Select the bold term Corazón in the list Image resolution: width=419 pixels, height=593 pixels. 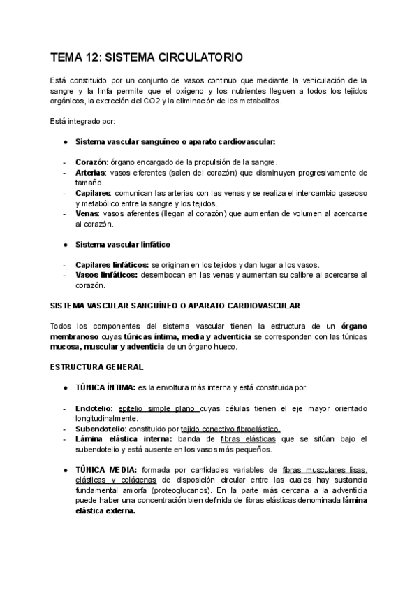click(91, 161)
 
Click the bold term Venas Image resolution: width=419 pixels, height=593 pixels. click(87, 213)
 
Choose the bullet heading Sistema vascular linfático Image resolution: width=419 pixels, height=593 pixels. click(122, 245)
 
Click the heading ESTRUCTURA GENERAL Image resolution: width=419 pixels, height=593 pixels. click(97, 366)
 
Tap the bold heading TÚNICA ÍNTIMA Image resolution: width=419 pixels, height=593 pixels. click(105, 387)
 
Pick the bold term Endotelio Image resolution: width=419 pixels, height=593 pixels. click(94, 408)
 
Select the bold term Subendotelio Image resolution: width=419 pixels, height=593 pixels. click(100, 429)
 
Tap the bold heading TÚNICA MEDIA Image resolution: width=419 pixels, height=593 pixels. click(105, 470)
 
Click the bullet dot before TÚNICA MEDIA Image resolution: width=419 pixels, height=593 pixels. click(65, 470)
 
